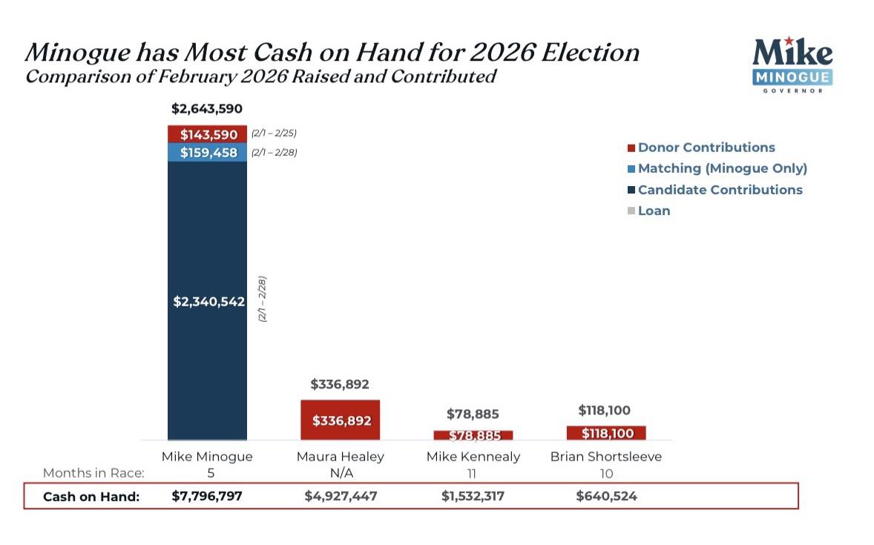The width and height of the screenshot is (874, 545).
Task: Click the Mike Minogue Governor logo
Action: (792, 65)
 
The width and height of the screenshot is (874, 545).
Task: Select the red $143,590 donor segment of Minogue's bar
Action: (207, 134)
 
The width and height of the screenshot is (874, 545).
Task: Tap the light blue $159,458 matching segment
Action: (207, 152)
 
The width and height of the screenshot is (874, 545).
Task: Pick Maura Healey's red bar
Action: (340, 420)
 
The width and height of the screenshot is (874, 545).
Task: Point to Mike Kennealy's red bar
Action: (473, 435)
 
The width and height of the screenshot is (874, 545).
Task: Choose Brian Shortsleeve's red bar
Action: (605, 432)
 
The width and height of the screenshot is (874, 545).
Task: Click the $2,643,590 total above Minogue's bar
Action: (207, 109)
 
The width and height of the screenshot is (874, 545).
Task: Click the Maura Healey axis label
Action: (340, 457)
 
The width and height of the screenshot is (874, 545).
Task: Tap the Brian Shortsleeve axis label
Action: (605, 457)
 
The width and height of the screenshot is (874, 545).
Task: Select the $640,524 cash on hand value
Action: (605, 496)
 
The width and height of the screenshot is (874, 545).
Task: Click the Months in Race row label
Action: (92, 473)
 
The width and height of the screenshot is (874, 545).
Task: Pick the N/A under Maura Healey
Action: (340, 474)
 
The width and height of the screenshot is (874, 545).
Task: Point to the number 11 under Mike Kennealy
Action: (473, 474)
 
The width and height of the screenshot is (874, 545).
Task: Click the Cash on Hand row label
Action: (91, 497)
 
